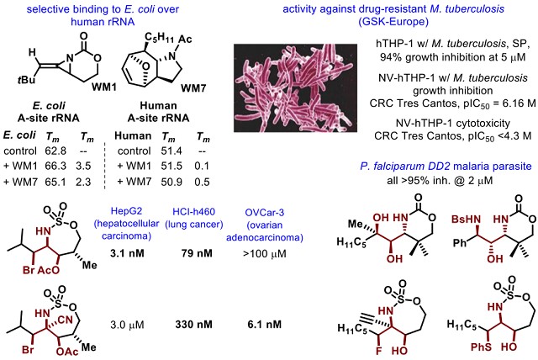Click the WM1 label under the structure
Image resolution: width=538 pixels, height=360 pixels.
pos(104,87)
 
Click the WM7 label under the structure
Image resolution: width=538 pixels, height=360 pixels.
pos(194,88)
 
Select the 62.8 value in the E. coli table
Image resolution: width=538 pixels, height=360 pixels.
pos(55,151)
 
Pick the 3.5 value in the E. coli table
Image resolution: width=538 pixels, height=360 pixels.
pos(83,166)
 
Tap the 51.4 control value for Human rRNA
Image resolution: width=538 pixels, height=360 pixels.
pos(171,151)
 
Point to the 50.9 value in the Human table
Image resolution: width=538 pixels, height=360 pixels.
pos(171,182)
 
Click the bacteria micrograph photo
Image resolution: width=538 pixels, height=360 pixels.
pos(295,87)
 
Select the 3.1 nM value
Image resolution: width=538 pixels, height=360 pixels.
pos(127,254)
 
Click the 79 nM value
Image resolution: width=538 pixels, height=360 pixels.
pos(197,254)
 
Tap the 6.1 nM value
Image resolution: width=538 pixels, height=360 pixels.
pos(265,325)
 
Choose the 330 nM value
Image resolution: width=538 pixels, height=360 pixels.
pos(194,325)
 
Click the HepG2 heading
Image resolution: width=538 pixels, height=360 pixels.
pos(126,211)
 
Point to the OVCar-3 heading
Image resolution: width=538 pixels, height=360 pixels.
pos(265,213)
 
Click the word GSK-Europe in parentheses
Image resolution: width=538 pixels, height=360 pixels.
pos(393,22)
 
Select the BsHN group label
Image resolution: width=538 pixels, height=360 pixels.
pos(467,220)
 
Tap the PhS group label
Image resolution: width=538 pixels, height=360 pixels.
pos(481,347)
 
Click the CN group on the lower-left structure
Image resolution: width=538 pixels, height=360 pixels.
pos(66,320)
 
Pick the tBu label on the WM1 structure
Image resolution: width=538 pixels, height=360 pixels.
pos(26,80)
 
